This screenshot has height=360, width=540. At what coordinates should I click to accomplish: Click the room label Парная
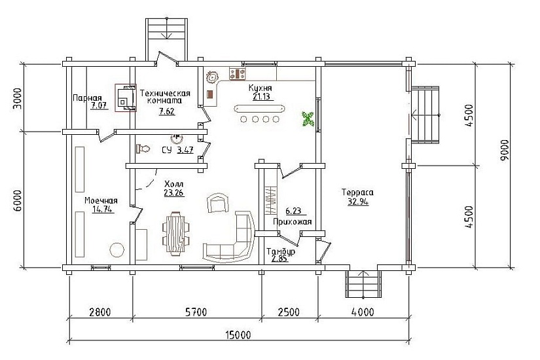point(87,98)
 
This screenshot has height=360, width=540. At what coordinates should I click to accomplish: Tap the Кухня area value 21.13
point(261,96)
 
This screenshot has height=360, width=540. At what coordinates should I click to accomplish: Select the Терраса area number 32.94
point(358,202)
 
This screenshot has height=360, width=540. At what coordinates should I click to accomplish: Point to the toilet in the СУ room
point(143,149)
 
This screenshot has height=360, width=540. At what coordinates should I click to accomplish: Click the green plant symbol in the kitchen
point(308,118)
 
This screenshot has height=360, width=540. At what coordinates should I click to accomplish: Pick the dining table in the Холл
point(175,234)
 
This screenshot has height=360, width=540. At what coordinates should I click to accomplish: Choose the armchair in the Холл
point(217,202)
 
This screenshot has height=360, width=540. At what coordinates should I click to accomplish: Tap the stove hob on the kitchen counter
point(238,74)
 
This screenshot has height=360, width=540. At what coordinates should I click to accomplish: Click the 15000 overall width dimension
point(238,334)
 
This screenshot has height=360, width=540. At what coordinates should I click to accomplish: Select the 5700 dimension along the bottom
point(196,312)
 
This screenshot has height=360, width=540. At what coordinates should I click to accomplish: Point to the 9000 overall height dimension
point(505,150)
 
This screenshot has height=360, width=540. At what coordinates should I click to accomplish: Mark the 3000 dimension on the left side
point(17,99)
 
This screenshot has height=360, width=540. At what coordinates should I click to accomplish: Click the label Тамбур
point(281,252)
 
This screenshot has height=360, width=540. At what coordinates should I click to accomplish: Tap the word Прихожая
point(293,221)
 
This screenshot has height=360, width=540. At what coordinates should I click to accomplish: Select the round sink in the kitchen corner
point(213,77)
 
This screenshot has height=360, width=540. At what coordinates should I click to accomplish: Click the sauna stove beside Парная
point(126,98)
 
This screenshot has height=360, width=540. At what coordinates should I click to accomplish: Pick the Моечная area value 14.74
point(103,209)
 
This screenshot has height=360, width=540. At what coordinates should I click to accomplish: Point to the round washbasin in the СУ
point(177,138)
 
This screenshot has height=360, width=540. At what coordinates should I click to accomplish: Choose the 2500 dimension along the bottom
point(289,312)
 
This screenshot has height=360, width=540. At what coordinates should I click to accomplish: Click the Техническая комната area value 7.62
point(167,111)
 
